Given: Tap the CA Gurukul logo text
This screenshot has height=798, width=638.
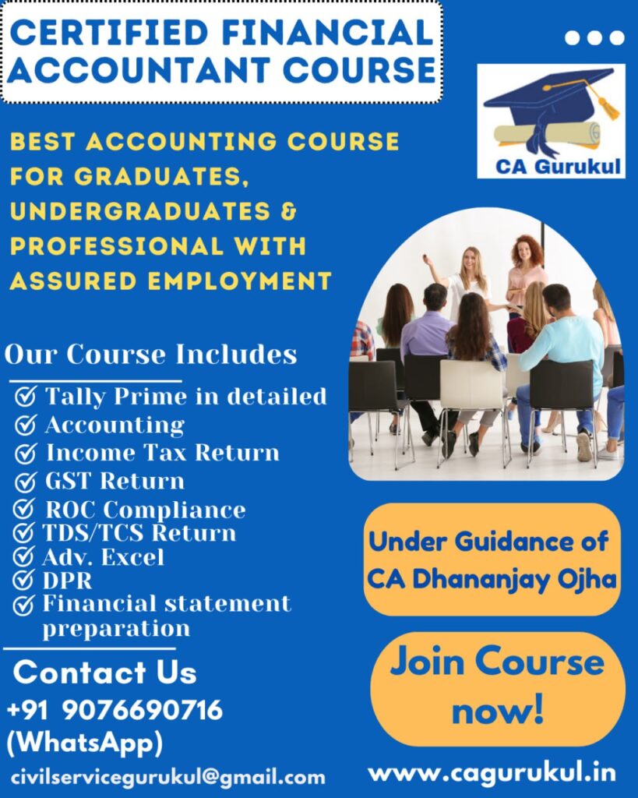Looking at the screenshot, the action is pos(558,167).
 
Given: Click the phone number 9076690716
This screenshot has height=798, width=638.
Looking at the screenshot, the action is pos(143,709).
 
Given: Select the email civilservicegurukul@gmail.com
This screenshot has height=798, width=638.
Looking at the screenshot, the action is pos(168,777).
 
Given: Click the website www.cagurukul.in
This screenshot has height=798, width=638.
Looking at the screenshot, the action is pos(492,773).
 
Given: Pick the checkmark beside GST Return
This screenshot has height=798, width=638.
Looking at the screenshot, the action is pos(25,482).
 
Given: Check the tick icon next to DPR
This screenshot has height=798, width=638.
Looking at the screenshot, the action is pos(23,580).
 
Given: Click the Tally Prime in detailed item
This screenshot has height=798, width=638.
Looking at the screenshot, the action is pos(185,397).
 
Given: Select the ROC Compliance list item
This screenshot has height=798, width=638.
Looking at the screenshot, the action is pos(146,510).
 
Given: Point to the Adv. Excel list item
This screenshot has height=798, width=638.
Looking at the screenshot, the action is pos(103,556).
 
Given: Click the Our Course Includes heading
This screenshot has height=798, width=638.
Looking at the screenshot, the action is pos(150,354).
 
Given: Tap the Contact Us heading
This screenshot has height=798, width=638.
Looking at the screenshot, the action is pos(105,672).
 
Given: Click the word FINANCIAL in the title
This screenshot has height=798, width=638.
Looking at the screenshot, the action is pos(327,32).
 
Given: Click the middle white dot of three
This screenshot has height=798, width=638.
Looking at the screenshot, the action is pos(594,37).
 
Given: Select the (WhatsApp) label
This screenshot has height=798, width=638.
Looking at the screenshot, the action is pos(84,743).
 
